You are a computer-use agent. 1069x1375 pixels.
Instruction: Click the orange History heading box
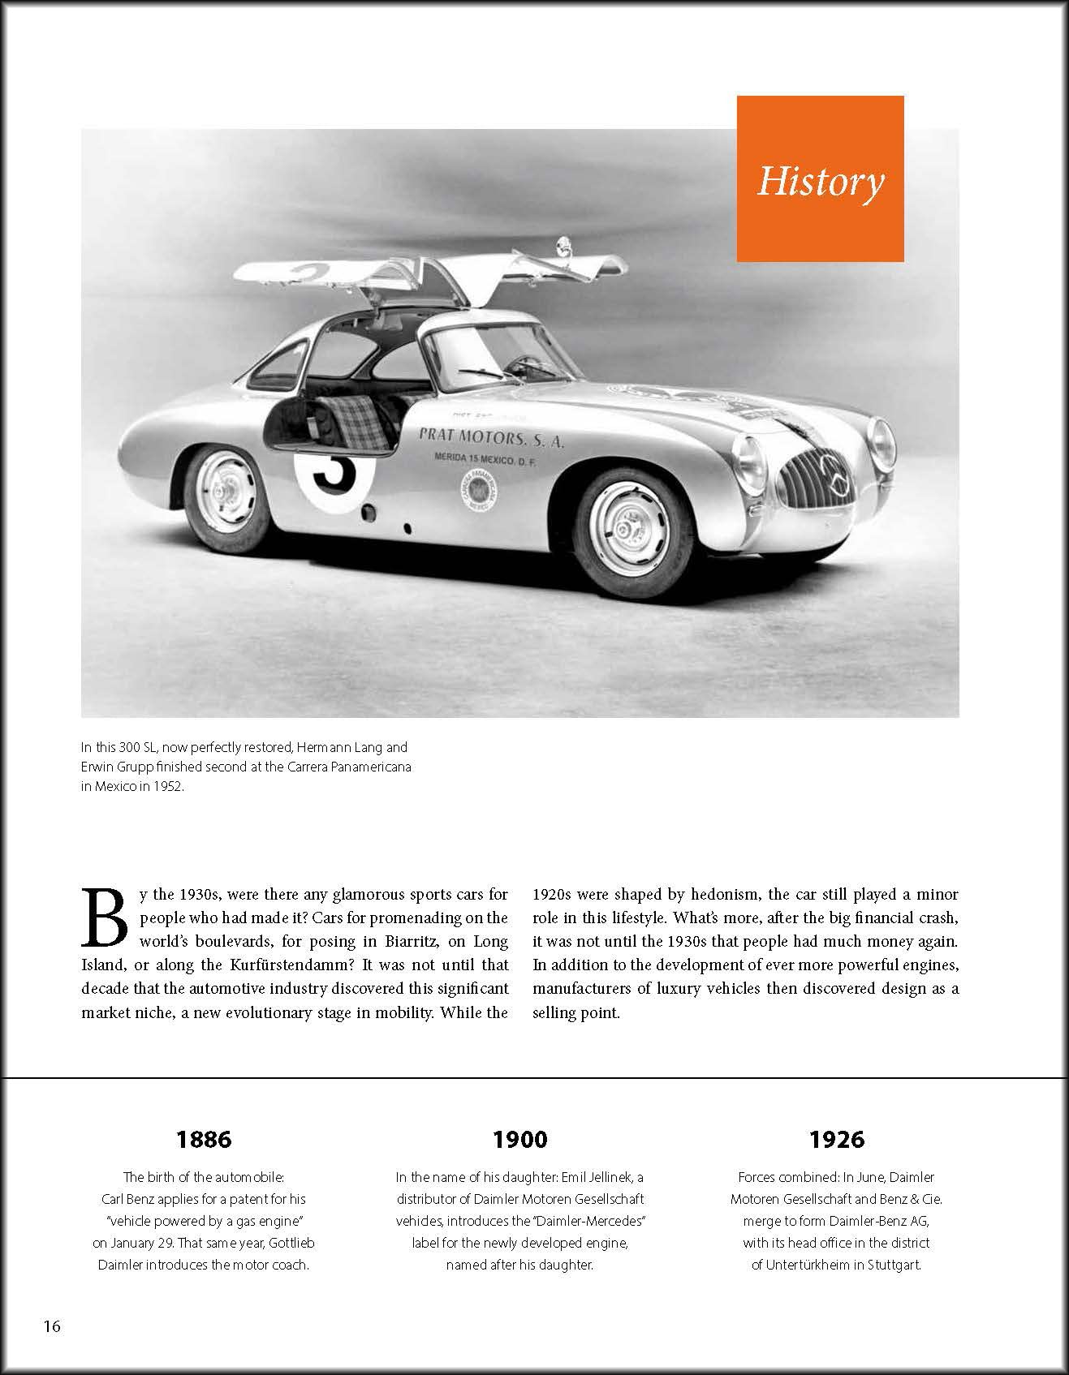820,178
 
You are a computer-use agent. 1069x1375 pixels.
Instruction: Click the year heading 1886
204,1140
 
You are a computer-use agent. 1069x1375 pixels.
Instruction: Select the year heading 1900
520,1140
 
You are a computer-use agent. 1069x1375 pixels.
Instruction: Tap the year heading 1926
837,1140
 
